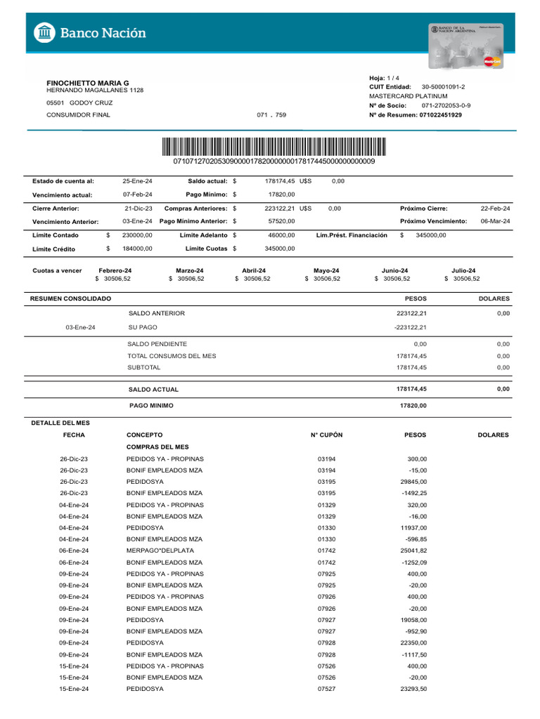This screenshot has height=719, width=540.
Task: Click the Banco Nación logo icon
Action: pos(45,33)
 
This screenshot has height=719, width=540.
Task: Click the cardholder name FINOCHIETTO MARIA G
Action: pos(87,83)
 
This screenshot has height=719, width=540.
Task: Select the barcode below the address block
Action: pos(274,146)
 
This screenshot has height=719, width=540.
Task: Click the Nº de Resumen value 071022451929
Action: pos(440,114)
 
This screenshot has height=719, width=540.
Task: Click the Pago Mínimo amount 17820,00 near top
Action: pos(282,194)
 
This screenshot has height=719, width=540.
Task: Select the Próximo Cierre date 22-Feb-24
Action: pos(495,209)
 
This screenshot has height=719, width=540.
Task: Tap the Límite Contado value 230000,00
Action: pos(137,235)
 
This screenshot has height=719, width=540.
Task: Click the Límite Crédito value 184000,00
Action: pos(137,249)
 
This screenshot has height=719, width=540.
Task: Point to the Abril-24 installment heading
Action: pos(254,270)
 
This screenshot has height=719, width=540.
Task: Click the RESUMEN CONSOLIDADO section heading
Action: pos(71,298)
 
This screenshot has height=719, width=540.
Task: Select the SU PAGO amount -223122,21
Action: pos(411,327)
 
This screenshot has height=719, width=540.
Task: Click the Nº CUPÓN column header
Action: pos(326,435)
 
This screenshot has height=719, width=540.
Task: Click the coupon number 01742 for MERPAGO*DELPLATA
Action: pos(326,550)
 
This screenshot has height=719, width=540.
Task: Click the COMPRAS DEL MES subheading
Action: pos(157,447)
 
